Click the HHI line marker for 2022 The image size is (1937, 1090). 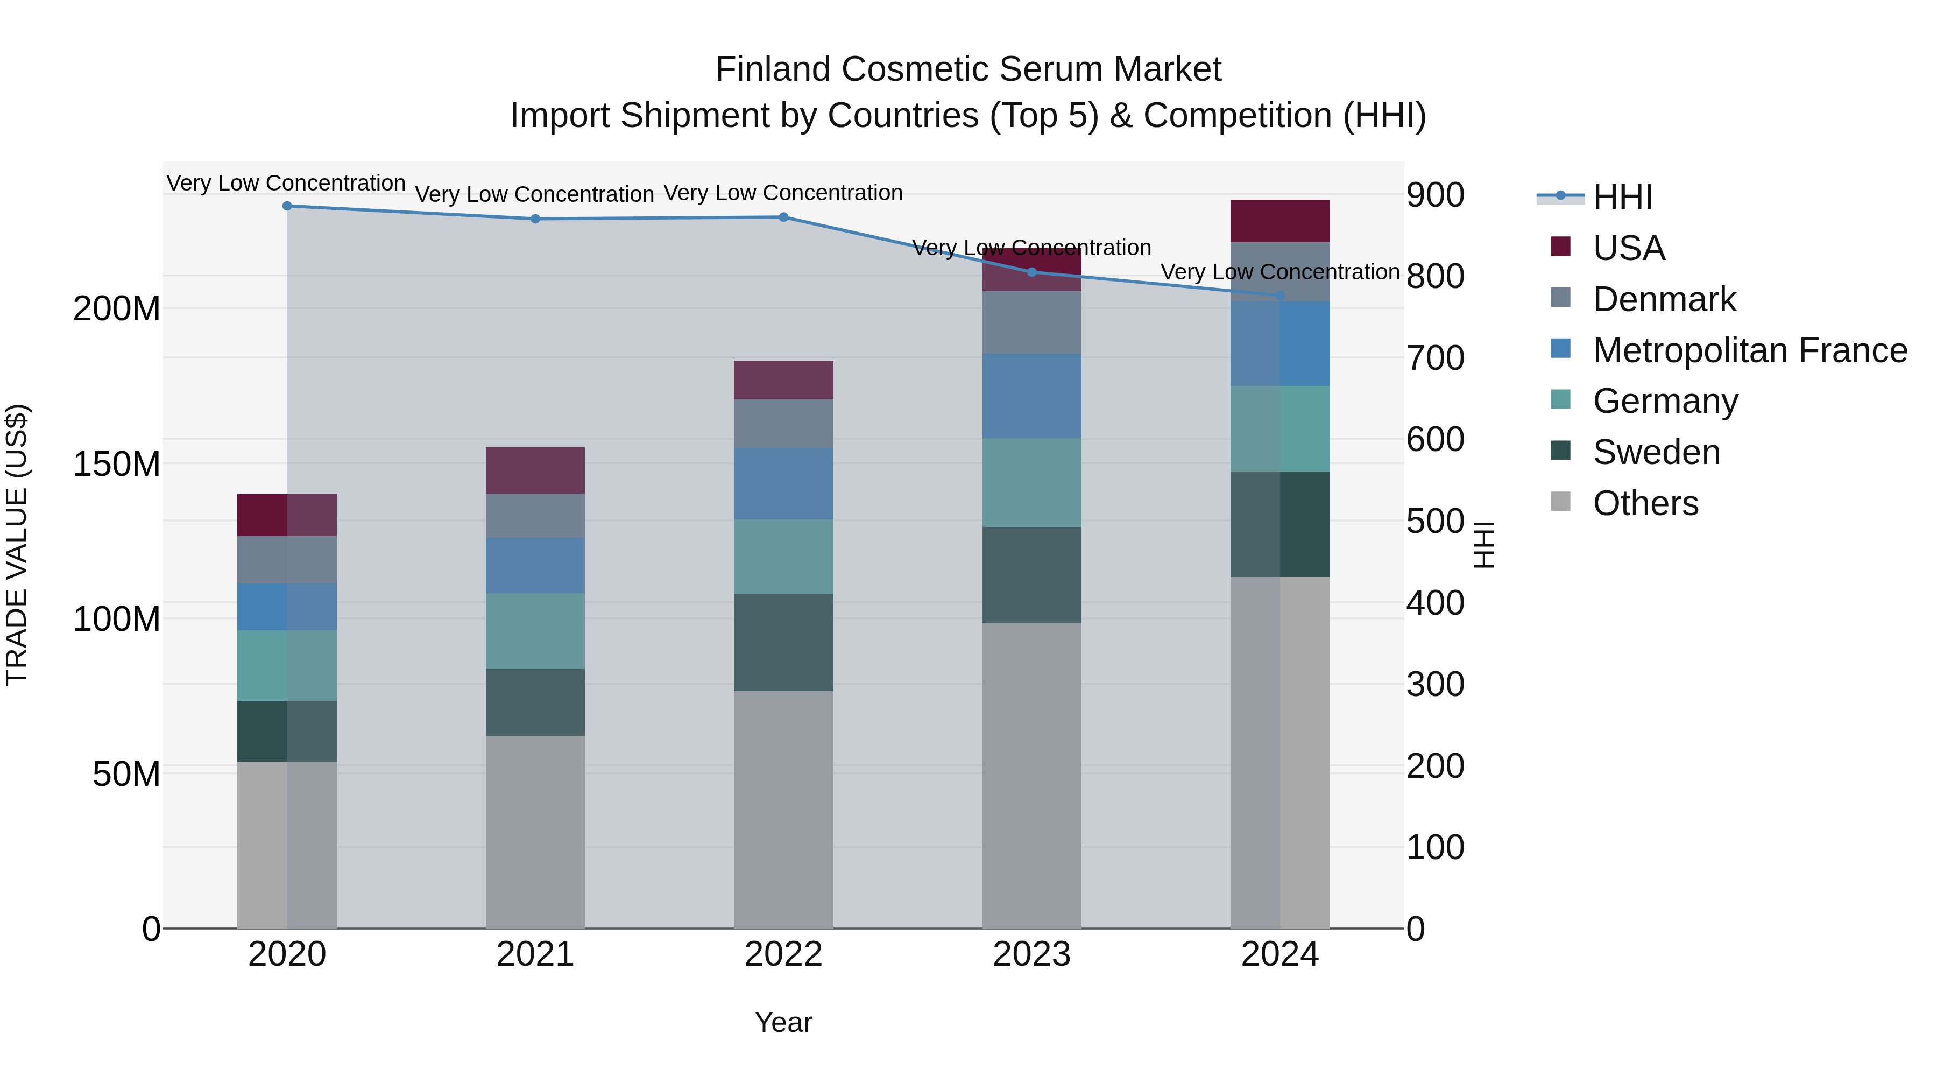(783, 217)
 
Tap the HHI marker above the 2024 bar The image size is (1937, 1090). (1280, 296)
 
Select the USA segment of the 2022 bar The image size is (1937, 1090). (783, 380)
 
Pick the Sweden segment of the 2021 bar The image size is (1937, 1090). (535, 702)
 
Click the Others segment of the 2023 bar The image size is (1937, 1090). (1031, 775)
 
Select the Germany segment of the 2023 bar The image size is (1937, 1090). (1031, 482)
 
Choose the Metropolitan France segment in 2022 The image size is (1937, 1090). (783, 484)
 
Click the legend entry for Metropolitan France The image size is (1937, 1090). (1749, 350)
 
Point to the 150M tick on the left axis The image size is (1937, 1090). (117, 464)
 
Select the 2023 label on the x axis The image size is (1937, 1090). (1031, 954)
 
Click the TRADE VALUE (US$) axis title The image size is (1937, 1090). (17, 545)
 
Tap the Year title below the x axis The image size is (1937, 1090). (783, 1022)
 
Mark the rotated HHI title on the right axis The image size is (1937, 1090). (1484, 545)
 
